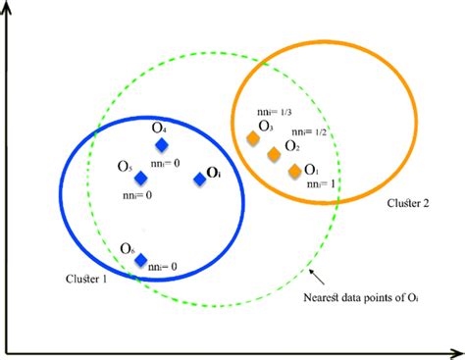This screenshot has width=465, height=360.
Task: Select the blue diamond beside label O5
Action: coord(141,178)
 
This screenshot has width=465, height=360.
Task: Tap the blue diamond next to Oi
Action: coord(200,179)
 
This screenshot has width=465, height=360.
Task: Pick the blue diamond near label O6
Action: coord(141,261)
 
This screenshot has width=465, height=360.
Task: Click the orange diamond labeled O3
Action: coord(253,140)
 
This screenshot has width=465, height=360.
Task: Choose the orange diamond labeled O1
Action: coord(294,172)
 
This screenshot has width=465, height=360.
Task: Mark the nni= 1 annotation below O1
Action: coord(324,183)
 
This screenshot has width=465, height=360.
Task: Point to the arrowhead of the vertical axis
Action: coord(9,9)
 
